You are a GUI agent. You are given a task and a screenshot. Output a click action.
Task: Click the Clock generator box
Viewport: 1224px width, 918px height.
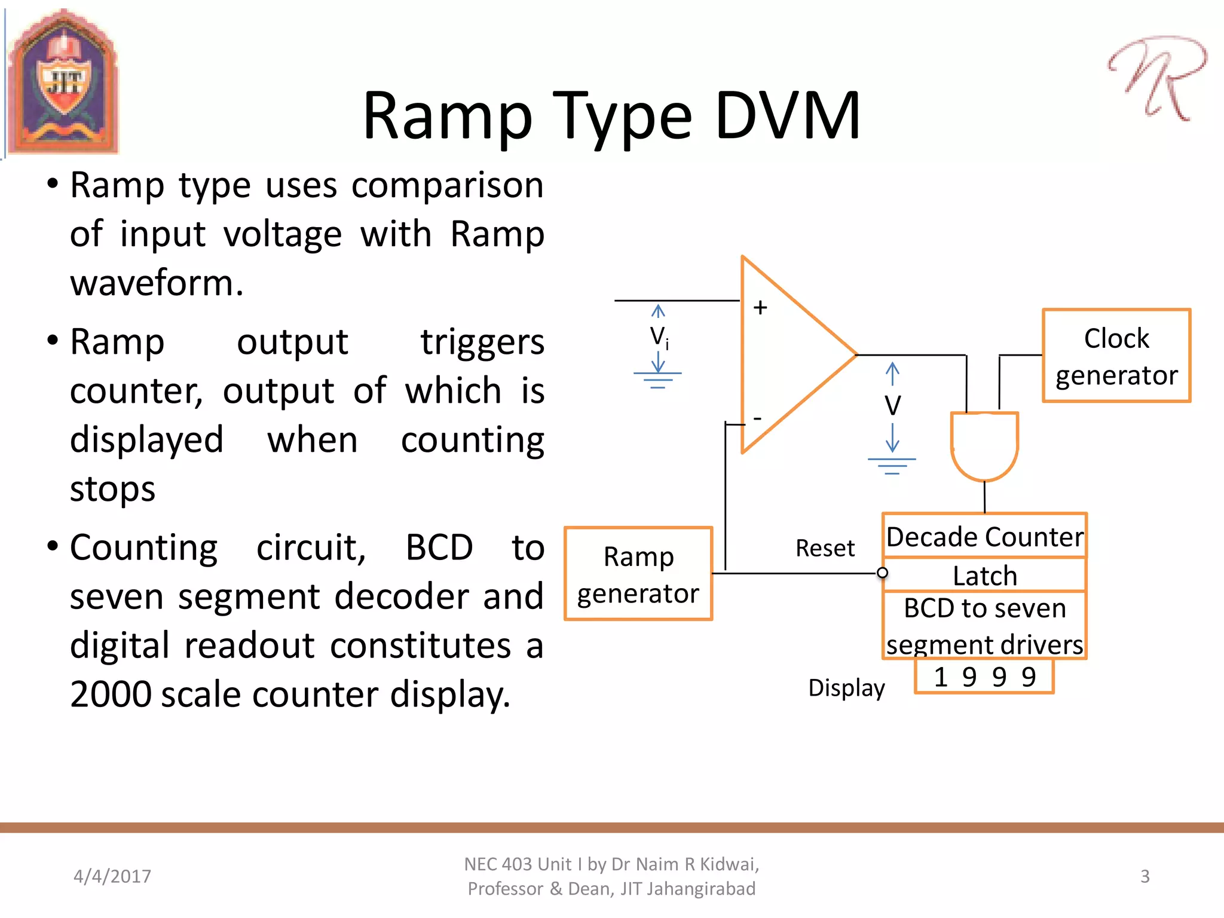[1116, 356]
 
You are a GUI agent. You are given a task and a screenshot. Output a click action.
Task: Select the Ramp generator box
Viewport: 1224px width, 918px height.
[638, 574]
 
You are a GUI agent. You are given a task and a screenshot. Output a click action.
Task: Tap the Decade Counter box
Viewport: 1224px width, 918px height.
[984, 536]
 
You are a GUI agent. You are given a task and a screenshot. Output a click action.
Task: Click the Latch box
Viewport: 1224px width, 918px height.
[984, 576]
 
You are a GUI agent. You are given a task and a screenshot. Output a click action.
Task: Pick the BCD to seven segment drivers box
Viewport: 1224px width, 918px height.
[984, 626]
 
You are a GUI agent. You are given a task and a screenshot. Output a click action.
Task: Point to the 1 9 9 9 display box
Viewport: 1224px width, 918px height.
[984, 677]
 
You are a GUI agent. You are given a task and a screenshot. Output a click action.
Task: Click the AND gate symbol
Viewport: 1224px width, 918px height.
[984, 445]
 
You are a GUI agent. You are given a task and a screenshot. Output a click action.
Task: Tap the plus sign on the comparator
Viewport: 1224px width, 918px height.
[760, 307]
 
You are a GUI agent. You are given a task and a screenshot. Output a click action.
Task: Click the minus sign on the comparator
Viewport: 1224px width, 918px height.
[757, 418]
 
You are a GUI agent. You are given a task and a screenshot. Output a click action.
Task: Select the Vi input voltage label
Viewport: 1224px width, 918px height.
[659, 337]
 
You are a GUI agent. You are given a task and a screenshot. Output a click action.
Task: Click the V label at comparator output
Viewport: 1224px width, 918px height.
[892, 406]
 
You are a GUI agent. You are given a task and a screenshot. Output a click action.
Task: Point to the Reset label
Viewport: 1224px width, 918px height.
[825, 548]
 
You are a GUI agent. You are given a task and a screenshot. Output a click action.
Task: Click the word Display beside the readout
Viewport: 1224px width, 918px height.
[846, 688]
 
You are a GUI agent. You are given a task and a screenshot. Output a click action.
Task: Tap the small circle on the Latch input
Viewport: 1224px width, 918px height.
[882, 573]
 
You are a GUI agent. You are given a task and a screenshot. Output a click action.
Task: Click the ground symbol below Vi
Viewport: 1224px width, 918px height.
[657, 380]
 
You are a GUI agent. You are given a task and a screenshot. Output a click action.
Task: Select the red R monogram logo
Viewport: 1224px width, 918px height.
[1156, 78]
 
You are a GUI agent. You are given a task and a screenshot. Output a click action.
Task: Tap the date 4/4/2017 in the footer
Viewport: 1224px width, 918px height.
[112, 876]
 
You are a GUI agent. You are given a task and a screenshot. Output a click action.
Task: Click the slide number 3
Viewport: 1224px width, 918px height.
[1145, 876]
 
